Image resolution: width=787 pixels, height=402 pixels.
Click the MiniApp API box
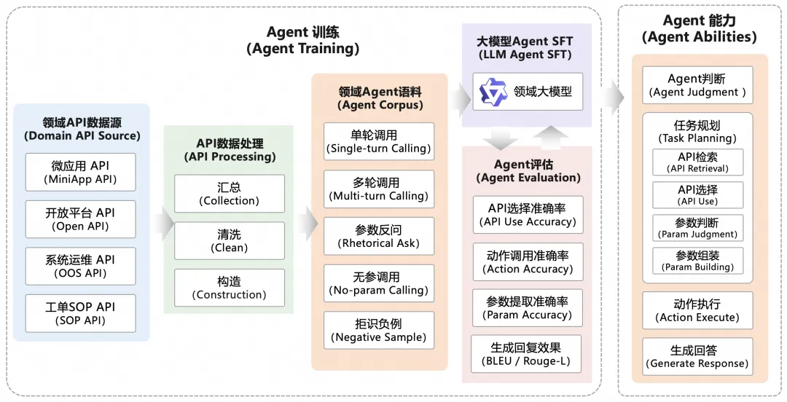(x=80, y=172)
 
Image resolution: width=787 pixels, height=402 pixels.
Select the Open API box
(x=80, y=219)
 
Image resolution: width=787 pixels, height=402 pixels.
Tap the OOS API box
(x=80, y=266)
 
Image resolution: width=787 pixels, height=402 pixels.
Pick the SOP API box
(x=80, y=313)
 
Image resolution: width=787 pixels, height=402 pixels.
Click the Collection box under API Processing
(x=230, y=194)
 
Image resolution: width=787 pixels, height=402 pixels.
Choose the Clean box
(x=230, y=240)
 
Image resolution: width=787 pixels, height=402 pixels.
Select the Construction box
(x=230, y=288)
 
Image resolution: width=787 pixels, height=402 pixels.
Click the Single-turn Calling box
(x=379, y=141)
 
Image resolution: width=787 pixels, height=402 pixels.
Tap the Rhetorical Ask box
(x=379, y=236)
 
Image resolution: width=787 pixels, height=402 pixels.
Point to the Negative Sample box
(x=379, y=330)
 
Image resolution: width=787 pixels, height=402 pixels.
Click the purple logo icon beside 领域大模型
(x=493, y=92)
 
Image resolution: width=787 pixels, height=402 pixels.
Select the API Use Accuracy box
(x=528, y=215)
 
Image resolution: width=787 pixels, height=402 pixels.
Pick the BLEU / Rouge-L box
(x=528, y=354)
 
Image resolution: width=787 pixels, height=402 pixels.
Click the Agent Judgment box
(x=697, y=85)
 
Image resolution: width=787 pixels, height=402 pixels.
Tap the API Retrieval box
(x=697, y=162)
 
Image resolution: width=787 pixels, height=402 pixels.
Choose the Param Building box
(x=697, y=261)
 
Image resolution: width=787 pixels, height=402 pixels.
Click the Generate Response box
(x=697, y=357)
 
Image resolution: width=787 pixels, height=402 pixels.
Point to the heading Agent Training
(x=302, y=41)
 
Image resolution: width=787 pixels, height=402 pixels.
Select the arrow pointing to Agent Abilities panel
(x=612, y=93)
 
